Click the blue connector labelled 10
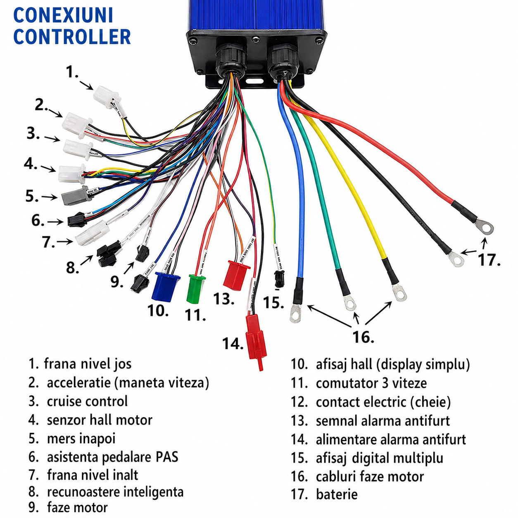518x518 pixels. coord(166,286)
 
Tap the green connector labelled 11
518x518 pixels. coord(196,288)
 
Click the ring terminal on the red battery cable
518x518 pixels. coord(484,226)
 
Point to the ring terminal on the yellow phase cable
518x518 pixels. coord(399,293)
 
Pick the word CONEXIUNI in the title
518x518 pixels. coord(63,16)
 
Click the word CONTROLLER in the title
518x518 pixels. coord(72,37)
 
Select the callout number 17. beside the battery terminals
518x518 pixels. coord(489,260)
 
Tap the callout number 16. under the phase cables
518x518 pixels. coord(363,337)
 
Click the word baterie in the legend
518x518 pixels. coord(337,494)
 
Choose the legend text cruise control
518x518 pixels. coord(87,402)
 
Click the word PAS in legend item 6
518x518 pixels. coord(167,457)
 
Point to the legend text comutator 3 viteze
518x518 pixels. coord(371,383)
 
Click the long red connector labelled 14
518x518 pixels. coord(256,339)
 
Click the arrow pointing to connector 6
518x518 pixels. coord(55,222)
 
